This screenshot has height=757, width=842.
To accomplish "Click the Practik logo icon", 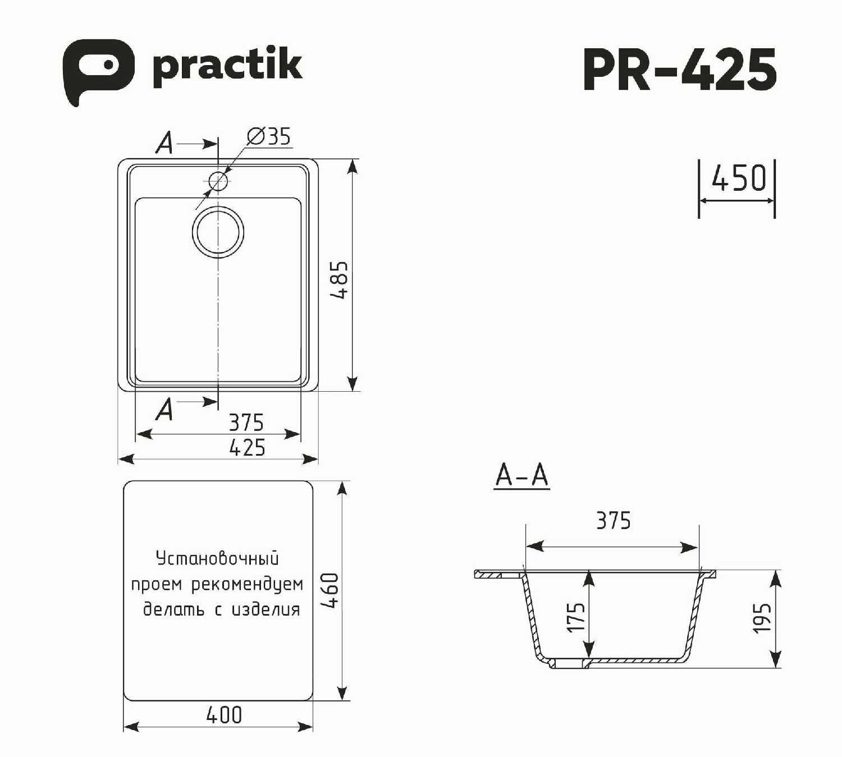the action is (99, 71).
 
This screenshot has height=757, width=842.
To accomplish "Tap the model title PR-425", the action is (680, 69).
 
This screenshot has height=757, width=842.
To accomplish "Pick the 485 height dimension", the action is (338, 280).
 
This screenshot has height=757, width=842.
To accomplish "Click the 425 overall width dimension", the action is (247, 447).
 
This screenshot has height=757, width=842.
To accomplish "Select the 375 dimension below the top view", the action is (246, 423).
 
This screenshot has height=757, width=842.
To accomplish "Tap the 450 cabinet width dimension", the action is (739, 178).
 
